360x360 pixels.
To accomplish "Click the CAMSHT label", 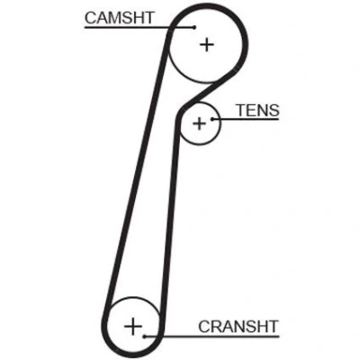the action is tap(120, 18).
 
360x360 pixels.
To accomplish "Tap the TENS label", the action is tap(258, 111).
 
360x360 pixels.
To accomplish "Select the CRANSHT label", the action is tap(238, 327).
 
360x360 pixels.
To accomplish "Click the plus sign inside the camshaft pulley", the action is tap(207, 45).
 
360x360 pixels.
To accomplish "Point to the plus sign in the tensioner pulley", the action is tap(199, 123).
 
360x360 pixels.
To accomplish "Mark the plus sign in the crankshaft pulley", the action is tap(133, 326).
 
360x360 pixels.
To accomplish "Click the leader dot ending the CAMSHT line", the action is tap(194, 27).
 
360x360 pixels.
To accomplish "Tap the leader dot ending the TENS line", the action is tap(212, 119).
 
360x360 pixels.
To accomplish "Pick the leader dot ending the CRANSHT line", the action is tap(145, 337).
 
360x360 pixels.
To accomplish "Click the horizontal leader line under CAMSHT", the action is tap(139, 27).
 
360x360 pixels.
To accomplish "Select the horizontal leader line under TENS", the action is tap(246, 119).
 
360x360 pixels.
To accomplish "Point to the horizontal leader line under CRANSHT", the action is tap(211, 337).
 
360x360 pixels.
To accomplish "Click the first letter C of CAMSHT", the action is tap(91, 18).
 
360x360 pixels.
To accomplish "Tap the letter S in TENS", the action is tap(274, 111).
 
